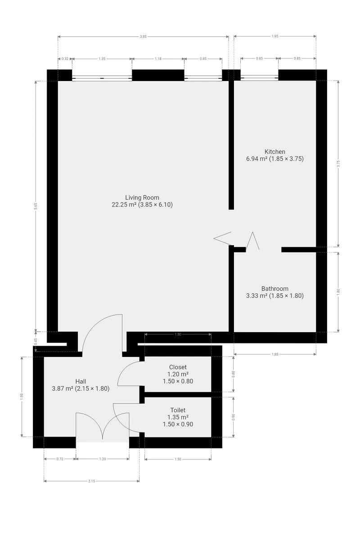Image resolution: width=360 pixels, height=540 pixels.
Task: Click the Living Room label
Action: pyautogui.click(x=142, y=198)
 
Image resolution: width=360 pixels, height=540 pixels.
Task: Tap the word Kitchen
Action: pyautogui.click(x=274, y=152)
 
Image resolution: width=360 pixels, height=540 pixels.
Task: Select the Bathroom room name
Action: pyautogui.click(x=274, y=288)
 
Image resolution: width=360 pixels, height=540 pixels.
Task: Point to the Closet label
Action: pyautogui.click(x=178, y=367)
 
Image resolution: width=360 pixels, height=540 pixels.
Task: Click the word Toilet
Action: pyautogui.click(x=178, y=410)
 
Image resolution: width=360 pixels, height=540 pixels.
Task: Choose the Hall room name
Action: pyautogui.click(x=81, y=382)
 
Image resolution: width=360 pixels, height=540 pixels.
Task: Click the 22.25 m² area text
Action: pyautogui.click(x=124, y=205)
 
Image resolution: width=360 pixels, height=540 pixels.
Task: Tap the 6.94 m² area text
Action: pyautogui.click(x=256, y=158)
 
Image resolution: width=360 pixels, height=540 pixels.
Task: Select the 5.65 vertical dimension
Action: pyautogui.click(x=36, y=207)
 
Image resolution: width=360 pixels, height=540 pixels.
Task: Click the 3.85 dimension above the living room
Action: pyautogui.click(x=143, y=36)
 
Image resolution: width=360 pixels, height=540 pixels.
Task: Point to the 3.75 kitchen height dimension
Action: pyautogui.click(x=338, y=164)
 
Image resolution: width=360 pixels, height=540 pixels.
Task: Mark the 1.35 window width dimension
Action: pyautogui.click(x=102, y=58)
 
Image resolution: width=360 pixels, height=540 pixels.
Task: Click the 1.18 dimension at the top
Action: pyautogui.click(x=158, y=58)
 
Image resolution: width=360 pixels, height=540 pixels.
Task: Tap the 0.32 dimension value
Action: pyautogui.click(x=65, y=58)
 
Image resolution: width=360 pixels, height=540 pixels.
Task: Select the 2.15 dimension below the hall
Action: pyautogui.click(x=91, y=481)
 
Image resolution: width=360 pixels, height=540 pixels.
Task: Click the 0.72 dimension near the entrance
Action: pyautogui.click(x=60, y=459)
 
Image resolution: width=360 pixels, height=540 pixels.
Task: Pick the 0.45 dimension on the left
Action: pyautogui.click(x=36, y=342)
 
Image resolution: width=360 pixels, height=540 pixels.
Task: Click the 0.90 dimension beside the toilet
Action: pyautogui.click(x=233, y=417)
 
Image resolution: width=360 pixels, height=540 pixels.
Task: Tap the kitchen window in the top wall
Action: pyautogui.click(x=259, y=77)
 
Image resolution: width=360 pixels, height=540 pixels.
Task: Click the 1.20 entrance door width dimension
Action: pyautogui.click(x=103, y=459)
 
